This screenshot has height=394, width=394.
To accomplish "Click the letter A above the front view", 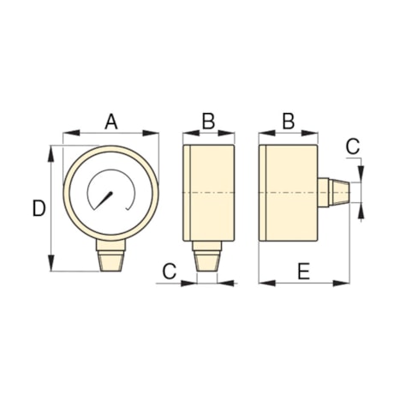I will (110, 122).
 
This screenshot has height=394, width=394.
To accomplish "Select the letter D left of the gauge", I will (38, 208).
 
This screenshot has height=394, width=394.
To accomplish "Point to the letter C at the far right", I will (353, 146).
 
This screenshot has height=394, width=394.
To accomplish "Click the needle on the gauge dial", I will (106, 200).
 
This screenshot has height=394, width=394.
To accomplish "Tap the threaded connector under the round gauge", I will (110, 258).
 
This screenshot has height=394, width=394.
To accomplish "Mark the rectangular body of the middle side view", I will (208, 194).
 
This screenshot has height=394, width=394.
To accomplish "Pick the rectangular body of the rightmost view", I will (290, 194).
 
